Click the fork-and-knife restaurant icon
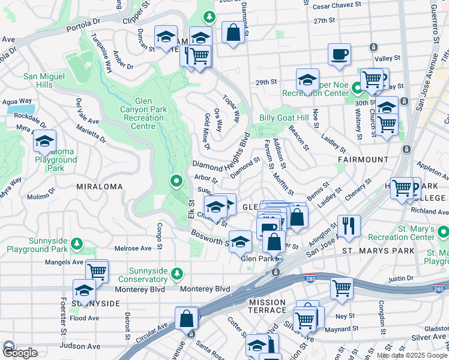349,226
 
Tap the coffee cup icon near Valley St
339,54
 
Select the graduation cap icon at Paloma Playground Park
44,141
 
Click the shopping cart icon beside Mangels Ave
97,270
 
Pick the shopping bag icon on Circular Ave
187,318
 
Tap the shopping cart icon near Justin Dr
342,287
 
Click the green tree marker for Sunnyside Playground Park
76,244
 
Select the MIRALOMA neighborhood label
100,187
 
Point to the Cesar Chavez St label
338,7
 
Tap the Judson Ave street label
80,346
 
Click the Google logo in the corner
19,352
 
